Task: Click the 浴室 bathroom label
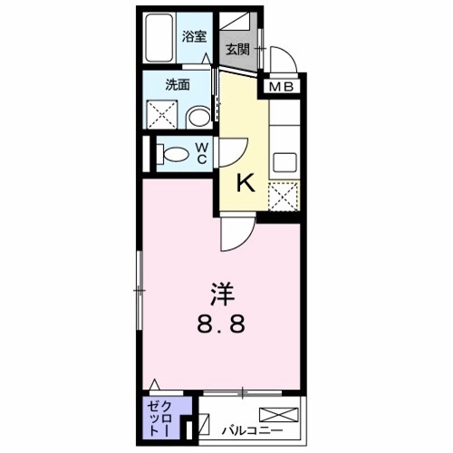(193, 37)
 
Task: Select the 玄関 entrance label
(238, 49)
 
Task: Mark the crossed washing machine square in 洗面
(162, 113)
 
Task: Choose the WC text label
(202, 153)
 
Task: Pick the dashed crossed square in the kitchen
(285, 196)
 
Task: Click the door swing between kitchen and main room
(235, 234)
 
